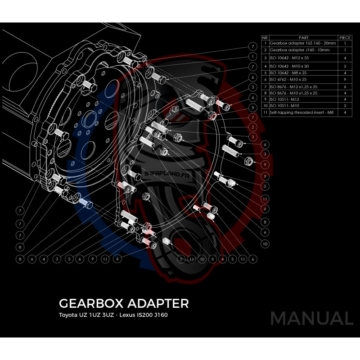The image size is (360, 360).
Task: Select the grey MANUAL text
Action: [x=311, y=319]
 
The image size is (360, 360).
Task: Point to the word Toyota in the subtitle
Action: [x=68, y=314]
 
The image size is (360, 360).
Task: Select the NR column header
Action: [x=265, y=38]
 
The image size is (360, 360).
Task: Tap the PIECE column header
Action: [x=345, y=38]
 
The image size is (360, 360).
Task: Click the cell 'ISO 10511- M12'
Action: [x=283, y=99]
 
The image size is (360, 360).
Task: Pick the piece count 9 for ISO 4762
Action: [x=345, y=79]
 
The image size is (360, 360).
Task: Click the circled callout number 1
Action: [x=254, y=57]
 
